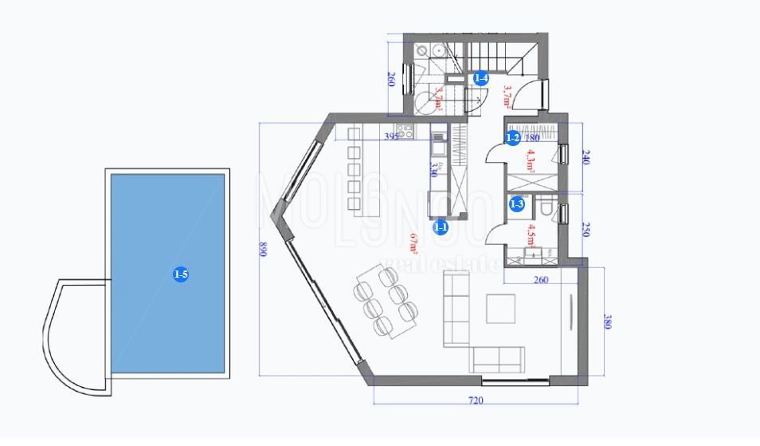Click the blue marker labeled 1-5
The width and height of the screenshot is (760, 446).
(181, 274)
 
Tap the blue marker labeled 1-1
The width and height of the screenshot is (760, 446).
(441, 227)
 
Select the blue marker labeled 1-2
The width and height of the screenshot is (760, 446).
(514, 138)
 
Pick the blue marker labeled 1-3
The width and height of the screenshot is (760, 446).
(518, 204)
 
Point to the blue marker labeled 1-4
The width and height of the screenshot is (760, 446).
(480, 78)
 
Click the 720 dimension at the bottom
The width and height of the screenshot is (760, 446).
(476, 401)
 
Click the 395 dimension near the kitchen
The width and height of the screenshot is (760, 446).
(391, 137)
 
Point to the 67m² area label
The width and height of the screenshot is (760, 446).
(414, 241)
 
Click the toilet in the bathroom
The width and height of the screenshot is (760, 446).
(546, 209)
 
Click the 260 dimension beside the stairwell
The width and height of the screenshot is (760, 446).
(391, 80)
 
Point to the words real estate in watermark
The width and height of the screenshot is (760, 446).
(443, 265)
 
